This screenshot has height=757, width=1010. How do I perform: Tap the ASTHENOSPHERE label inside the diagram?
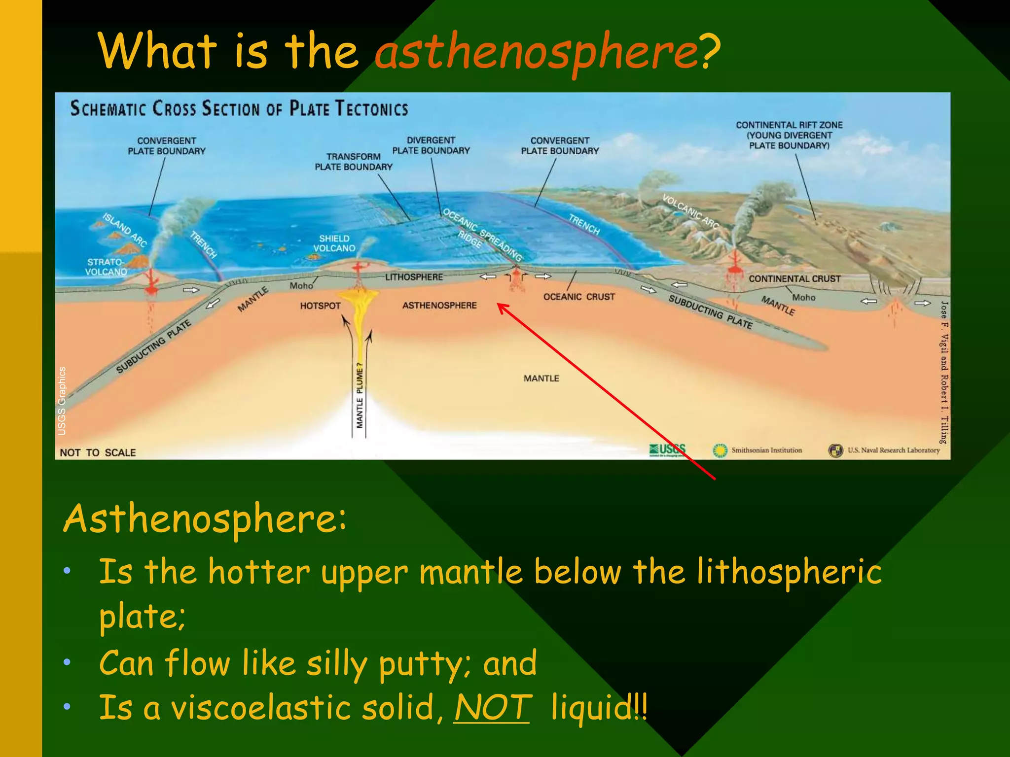click(439, 306)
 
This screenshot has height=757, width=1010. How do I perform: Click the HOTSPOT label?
click(320, 306)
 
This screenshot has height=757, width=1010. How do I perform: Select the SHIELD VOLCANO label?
click(334, 243)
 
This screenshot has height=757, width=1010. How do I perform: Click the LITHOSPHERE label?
click(414, 277)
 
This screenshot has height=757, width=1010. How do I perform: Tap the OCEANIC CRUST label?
click(579, 297)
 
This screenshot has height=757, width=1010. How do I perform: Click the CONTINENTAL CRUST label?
click(794, 279)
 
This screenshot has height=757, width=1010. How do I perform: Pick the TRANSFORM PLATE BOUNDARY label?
click(354, 162)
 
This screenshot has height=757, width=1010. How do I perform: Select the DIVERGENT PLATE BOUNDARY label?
click(431, 145)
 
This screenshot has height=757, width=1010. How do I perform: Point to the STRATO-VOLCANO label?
click(106, 267)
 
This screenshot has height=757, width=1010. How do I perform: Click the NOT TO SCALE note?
click(98, 452)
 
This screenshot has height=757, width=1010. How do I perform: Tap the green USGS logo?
click(667, 449)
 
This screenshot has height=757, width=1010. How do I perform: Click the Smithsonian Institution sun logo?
click(720, 450)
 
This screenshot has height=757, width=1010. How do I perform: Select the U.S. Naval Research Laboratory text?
click(894, 450)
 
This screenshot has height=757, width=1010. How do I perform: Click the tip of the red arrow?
click(498, 304)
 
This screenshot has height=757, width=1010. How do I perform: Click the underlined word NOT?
click(492, 707)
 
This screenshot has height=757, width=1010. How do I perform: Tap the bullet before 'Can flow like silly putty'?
click(67, 662)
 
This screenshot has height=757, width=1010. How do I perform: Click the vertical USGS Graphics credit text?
click(62, 401)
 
